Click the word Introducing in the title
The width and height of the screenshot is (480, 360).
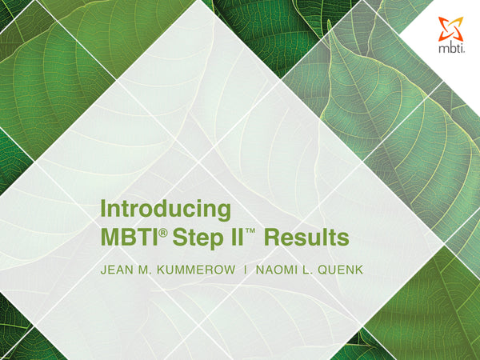[166, 210]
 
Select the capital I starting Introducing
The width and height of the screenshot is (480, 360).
[103, 210]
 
